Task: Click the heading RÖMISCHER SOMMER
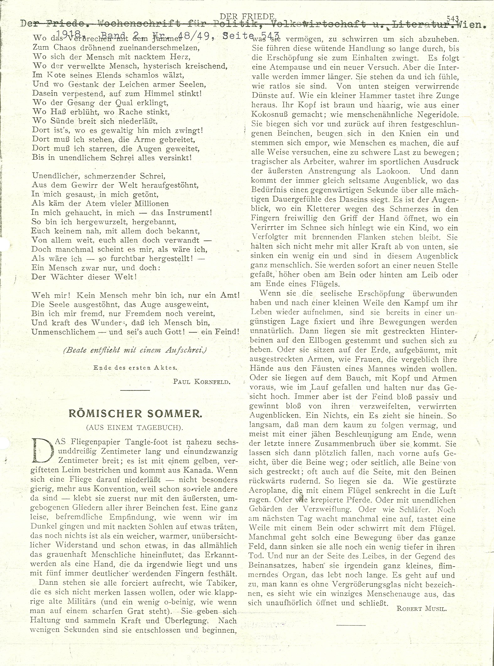point(135,414)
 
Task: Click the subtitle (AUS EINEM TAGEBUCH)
point(135,427)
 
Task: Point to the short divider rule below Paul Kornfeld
point(135,390)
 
